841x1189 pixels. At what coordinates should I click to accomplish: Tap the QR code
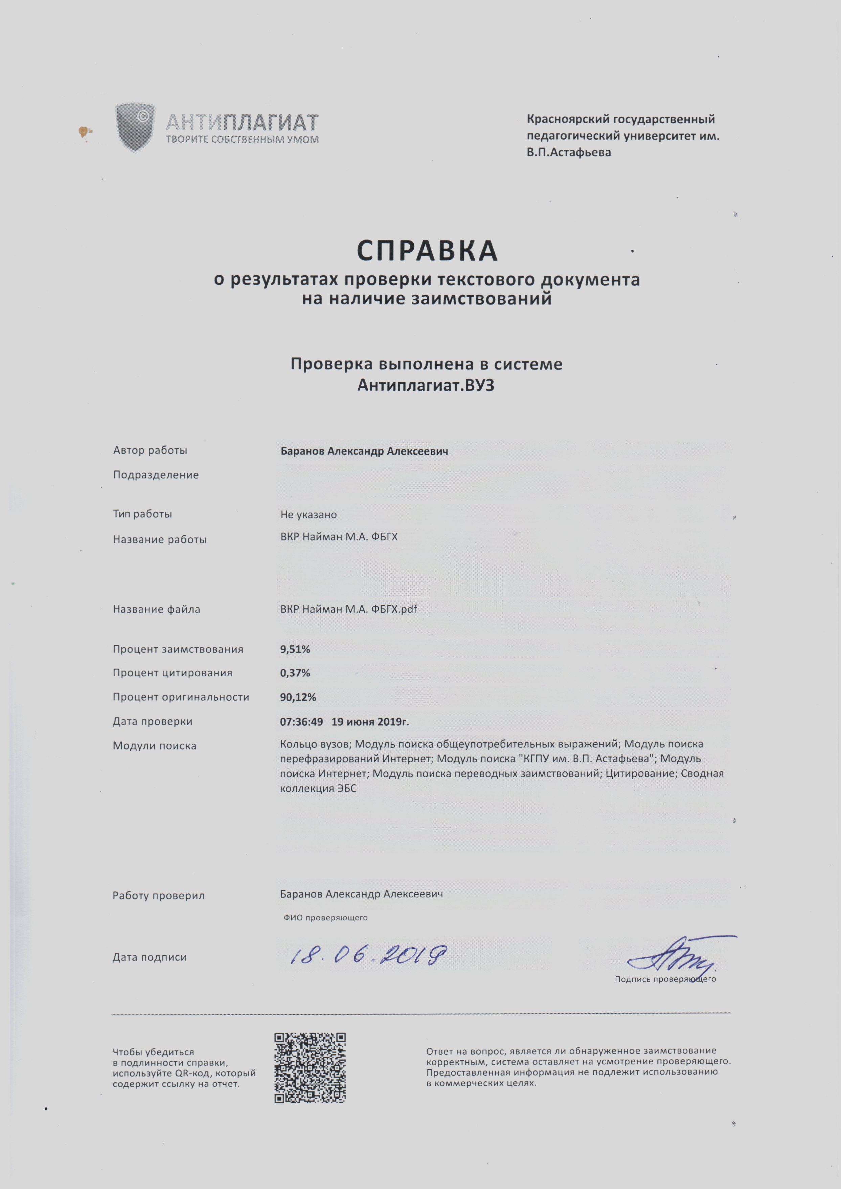click(310, 1068)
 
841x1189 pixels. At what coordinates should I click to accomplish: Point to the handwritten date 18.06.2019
click(368, 954)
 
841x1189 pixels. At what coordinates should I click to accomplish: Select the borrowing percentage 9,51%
click(295, 649)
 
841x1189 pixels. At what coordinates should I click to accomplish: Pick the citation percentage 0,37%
click(295, 673)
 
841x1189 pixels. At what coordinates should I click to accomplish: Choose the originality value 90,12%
click(298, 697)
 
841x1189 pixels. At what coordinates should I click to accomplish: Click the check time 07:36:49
click(301, 721)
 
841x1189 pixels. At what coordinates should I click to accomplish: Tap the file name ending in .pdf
click(348, 609)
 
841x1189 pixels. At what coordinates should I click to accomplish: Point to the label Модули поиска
click(154, 746)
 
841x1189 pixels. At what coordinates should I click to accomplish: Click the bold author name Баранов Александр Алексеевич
click(364, 451)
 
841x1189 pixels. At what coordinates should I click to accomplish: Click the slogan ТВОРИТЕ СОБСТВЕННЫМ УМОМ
click(242, 140)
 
